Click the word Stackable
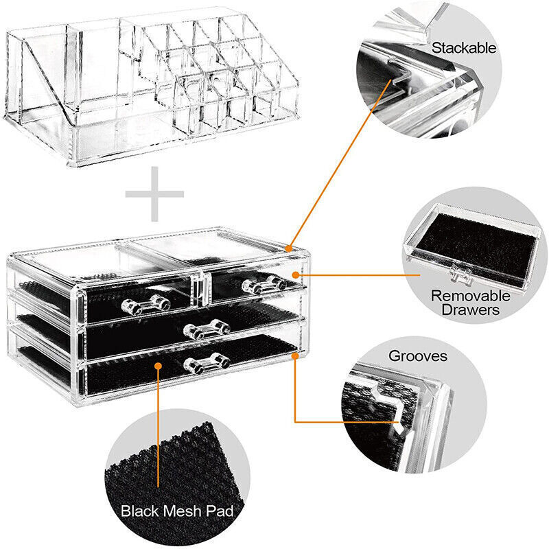coord(463,48)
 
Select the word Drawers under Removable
coord(471,311)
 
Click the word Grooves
coord(418,357)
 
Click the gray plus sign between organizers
coord(154,194)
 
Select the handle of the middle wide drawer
coord(206,331)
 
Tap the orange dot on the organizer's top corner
coord(290,247)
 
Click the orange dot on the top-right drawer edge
coord(296,275)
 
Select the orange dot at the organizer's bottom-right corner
coord(295,356)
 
